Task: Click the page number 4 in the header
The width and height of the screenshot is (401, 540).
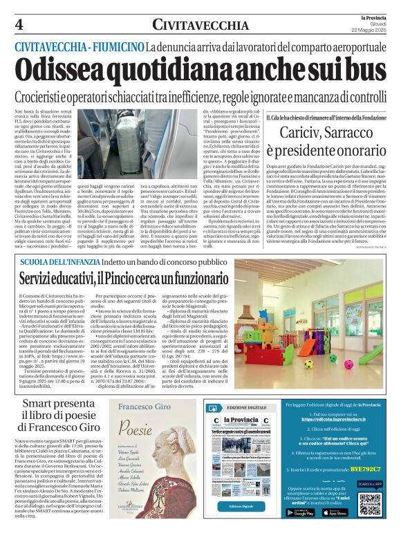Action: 19,24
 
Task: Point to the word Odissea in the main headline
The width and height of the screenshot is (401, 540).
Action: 58,71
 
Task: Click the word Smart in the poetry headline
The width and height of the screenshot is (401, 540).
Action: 40,403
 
